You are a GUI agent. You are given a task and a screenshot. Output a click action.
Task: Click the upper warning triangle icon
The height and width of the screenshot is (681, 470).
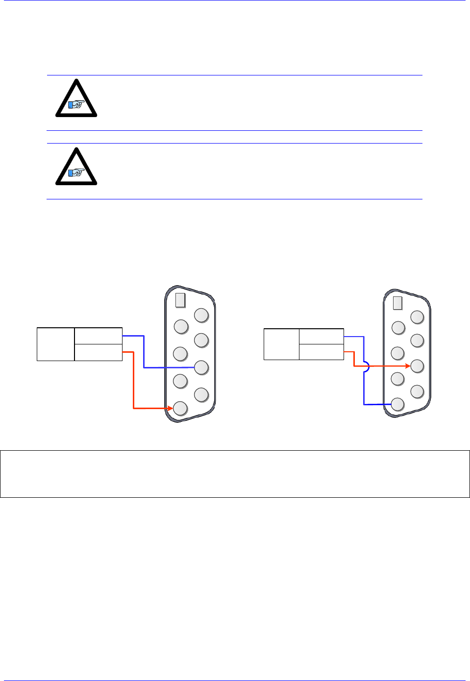tap(76, 99)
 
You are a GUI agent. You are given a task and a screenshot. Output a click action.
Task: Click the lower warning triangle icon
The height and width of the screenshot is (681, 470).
tap(76, 167)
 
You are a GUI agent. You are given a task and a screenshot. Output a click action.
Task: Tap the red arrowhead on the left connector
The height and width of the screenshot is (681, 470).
tap(170, 408)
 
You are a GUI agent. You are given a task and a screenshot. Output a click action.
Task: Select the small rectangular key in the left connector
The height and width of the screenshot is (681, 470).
tap(180, 300)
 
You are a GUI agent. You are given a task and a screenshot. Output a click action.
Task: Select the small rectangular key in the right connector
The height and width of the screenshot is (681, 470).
tap(397, 303)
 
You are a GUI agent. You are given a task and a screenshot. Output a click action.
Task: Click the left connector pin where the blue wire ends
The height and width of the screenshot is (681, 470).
tap(201, 367)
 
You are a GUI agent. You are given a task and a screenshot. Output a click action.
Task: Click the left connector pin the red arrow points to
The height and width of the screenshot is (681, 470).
tap(180, 408)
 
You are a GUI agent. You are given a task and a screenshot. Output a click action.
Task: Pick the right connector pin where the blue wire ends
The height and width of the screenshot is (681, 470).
tap(397, 404)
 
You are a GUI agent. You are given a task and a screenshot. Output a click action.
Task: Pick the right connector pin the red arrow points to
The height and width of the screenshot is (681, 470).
tap(417, 366)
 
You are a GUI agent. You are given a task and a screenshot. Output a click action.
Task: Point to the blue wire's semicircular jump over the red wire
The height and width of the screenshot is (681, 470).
tap(366, 366)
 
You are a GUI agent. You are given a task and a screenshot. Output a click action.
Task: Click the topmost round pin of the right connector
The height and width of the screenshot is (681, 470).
tap(417, 317)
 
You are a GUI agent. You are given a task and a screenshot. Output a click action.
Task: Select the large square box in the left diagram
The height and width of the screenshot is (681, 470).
tap(56, 344)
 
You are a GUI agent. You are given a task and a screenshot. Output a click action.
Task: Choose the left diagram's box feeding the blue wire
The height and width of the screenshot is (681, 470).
tap(99, 336)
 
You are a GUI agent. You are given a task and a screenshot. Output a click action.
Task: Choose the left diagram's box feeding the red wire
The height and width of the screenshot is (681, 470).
tap(99, 352)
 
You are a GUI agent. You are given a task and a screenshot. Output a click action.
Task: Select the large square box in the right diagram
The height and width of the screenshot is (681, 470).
tap(281, 344)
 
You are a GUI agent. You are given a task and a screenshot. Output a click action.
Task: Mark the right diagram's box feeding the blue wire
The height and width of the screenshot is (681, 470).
tap(322, 337)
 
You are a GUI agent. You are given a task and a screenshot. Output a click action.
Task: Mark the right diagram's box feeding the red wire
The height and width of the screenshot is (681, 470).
tap(322, 352)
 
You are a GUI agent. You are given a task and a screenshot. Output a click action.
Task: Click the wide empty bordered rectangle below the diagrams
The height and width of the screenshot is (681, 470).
tap(235, 474)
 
